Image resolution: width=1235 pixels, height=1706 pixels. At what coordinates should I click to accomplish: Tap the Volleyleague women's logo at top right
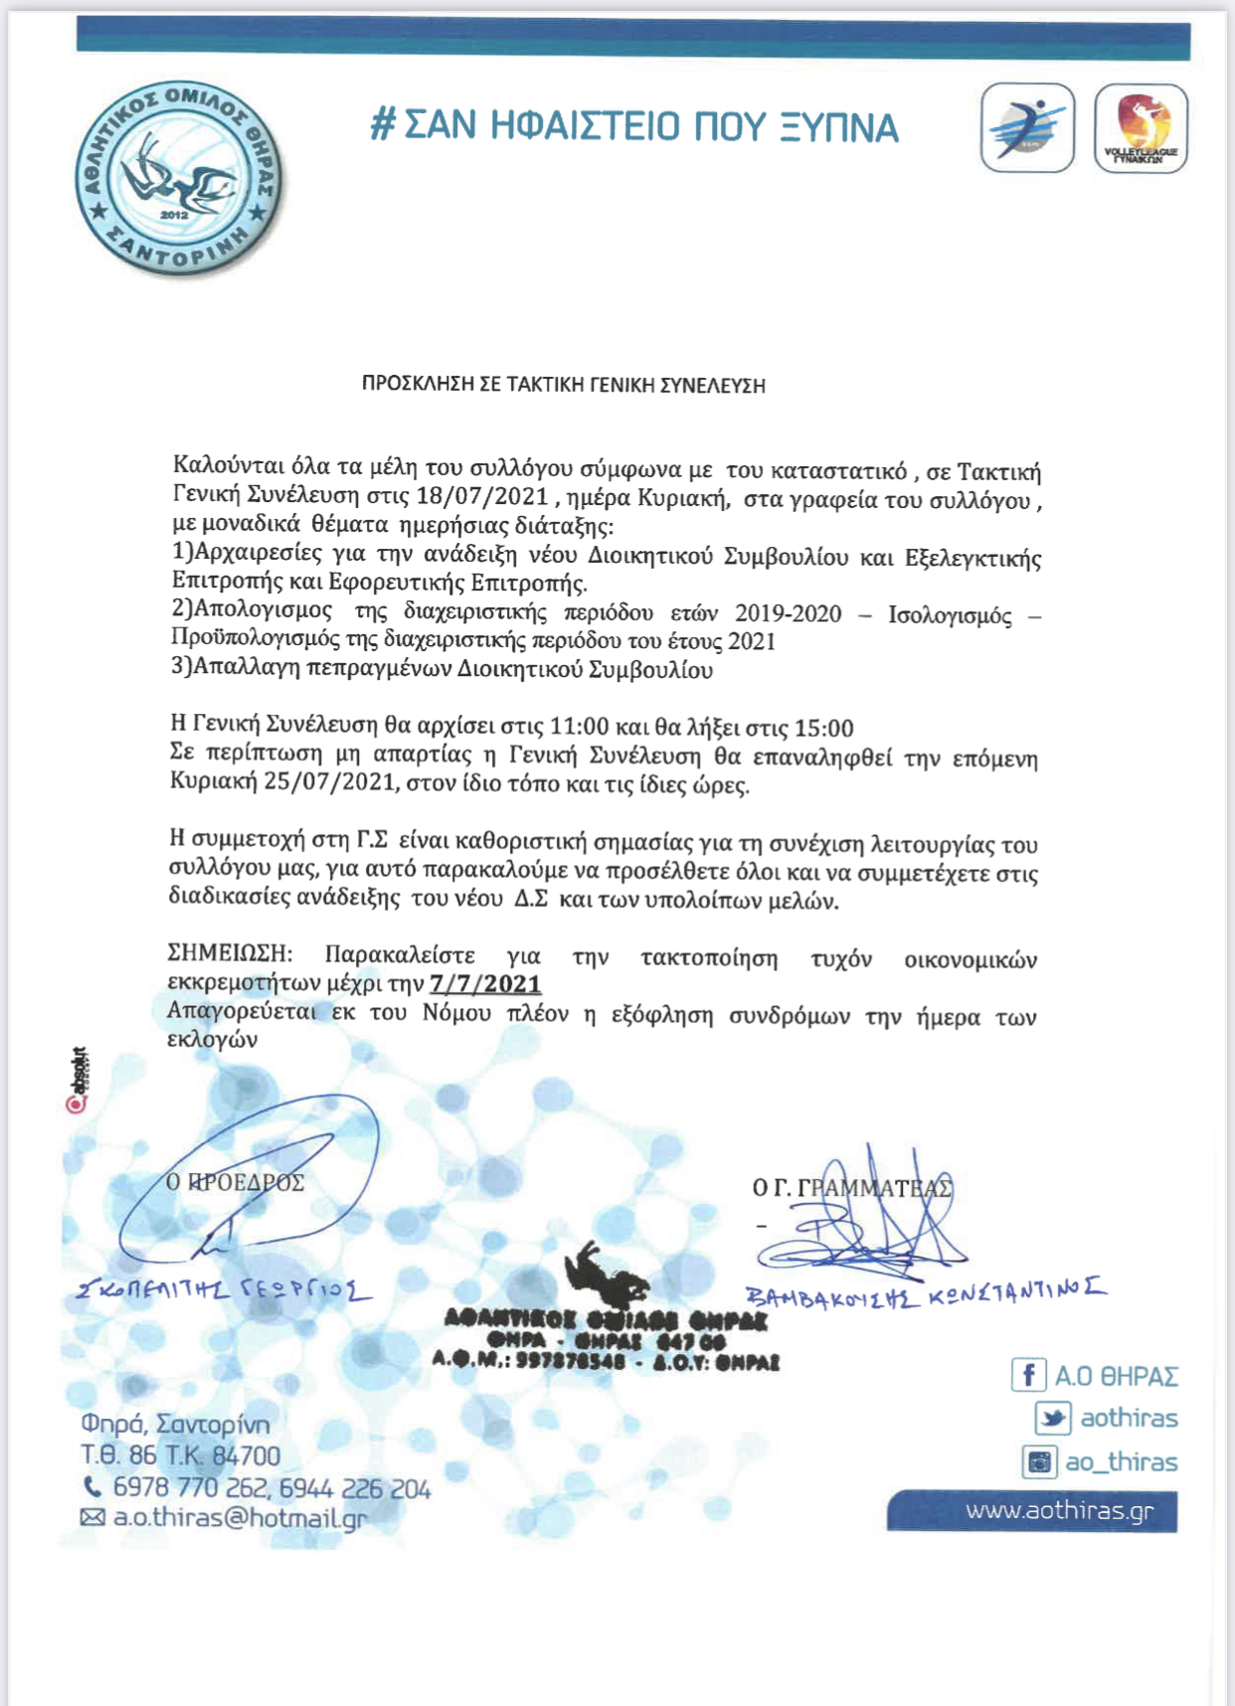(1141, 129)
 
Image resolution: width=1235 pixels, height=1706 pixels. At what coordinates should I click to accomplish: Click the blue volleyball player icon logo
(1027, 129)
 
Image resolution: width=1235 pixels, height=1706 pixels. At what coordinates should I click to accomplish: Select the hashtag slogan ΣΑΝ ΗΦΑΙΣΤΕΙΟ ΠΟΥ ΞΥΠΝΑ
(635, 127)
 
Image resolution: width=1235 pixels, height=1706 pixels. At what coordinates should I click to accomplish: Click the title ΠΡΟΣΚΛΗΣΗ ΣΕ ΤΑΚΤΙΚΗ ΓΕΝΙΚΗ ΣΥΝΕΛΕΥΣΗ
(563, 386)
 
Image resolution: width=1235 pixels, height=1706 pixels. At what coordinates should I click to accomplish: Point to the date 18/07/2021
(482, 496)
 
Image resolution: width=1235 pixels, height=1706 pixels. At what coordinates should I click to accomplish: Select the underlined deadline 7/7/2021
(485, 984)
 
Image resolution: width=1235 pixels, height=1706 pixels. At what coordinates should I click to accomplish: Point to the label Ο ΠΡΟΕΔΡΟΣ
(235, 1182)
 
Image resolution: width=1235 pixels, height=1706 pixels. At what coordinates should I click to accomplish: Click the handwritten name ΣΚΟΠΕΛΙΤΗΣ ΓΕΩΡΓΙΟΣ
(225, 1290)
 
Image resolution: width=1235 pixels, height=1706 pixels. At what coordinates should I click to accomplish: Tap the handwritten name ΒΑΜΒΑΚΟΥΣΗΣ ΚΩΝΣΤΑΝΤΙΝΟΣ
(925, 1293)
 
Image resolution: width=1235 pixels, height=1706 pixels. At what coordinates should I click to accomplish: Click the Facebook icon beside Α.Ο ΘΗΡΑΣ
(1028, 1376)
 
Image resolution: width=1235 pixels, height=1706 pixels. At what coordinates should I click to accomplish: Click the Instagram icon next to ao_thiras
(1039, 1461)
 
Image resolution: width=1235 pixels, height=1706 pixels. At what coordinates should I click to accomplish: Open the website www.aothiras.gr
(1059, 1511)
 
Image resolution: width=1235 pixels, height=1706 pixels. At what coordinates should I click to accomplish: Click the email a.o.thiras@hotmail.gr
(239, 1518)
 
